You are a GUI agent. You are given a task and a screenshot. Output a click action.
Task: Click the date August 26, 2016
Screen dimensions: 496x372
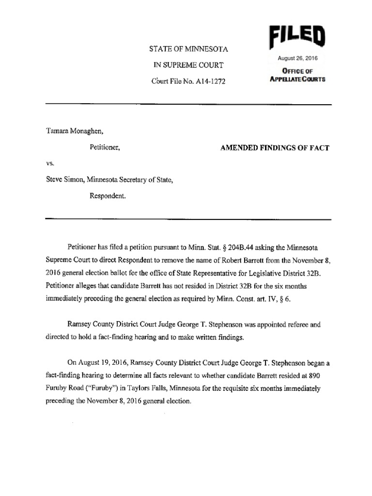(297, 59)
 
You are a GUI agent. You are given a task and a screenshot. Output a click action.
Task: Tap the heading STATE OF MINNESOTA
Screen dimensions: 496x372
(189, 49)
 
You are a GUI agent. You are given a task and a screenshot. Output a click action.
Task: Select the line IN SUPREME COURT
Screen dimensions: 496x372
(189, 65)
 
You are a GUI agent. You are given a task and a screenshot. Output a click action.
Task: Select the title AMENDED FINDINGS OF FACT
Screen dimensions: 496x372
(268, 147)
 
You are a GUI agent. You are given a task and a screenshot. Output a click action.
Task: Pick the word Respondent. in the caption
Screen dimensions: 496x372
(108, 197)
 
